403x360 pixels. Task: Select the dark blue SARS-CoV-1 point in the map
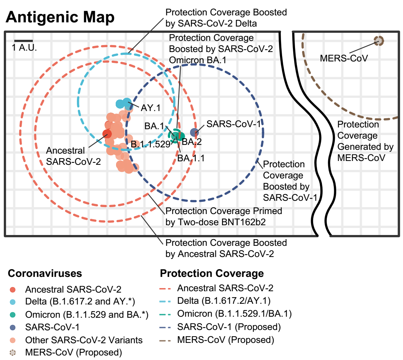coord(194,132)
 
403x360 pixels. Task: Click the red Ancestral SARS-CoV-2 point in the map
coord(107,133)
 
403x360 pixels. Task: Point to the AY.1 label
coord(150,108)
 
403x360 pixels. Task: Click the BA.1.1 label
coord(190,158)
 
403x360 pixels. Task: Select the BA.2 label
coord(192,142)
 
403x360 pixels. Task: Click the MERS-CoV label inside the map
coord(344,58)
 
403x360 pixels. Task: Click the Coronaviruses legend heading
coord(45,273)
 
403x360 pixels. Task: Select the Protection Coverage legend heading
coord(212,273)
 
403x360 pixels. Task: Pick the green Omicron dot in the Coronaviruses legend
coord(13,315)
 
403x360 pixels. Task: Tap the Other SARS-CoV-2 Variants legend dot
coord(13,340)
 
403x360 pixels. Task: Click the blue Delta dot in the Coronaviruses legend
coord(13,302)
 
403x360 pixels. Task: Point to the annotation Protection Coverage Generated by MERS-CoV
coord(365,141)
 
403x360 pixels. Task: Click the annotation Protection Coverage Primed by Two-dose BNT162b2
coord(224,216)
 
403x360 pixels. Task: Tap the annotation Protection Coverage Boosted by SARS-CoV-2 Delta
coord(226,18)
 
